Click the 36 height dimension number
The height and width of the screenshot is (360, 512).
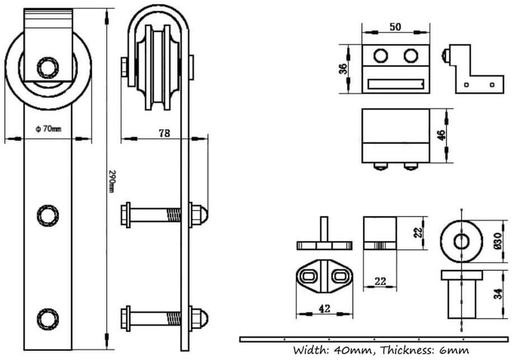tap(344, 68)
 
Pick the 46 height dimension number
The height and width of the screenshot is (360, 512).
tap(442, 136)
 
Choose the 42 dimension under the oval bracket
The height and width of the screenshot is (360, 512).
tap(324, 307)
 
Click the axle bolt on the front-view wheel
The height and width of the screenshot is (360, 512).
tap(48, 68)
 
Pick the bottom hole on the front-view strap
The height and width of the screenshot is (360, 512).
tap(47, 319)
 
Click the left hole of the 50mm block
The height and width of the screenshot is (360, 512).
tap(382, 56)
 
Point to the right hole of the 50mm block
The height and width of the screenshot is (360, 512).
tap(411, 56)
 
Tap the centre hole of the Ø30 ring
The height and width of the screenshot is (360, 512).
tap(461, 241)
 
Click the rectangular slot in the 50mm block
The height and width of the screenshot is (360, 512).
tap(396, 85)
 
